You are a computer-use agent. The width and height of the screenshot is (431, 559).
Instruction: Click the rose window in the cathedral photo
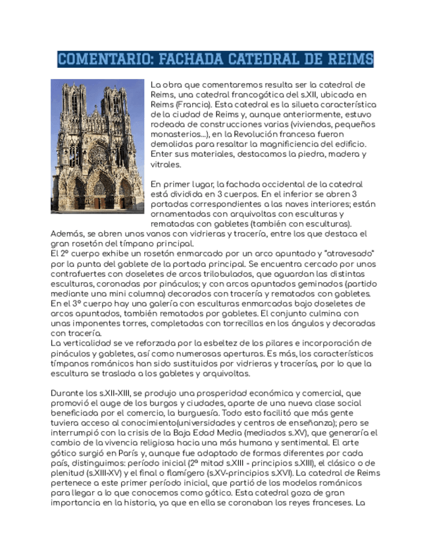(97, 156)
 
